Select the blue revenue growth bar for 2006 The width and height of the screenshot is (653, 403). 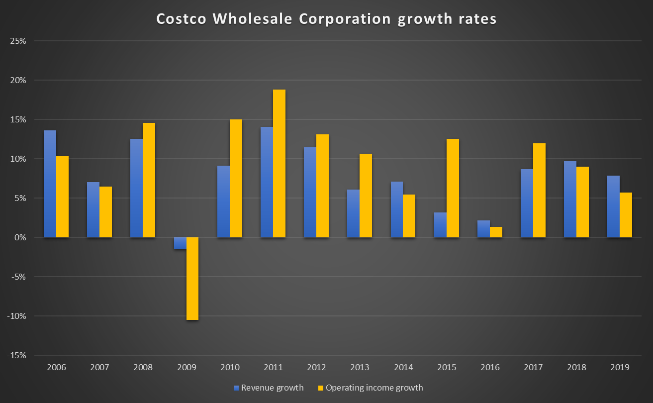[50, 184]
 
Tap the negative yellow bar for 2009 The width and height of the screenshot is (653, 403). [192, 279]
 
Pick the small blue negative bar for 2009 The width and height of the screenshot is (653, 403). [180, 243]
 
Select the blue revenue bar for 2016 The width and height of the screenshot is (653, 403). [483, 229]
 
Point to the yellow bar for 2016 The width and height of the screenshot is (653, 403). [496, 232]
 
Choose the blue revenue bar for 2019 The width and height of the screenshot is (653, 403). [613, 206]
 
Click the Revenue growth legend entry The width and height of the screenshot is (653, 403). [268, 388]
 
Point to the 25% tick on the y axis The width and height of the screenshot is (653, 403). [18, 41]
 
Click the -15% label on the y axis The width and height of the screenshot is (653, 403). [17, 355]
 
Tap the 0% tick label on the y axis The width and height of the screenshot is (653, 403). [20, 237]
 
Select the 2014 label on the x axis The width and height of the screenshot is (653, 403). [403, 368]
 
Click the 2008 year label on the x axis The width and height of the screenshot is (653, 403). [143, 368]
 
